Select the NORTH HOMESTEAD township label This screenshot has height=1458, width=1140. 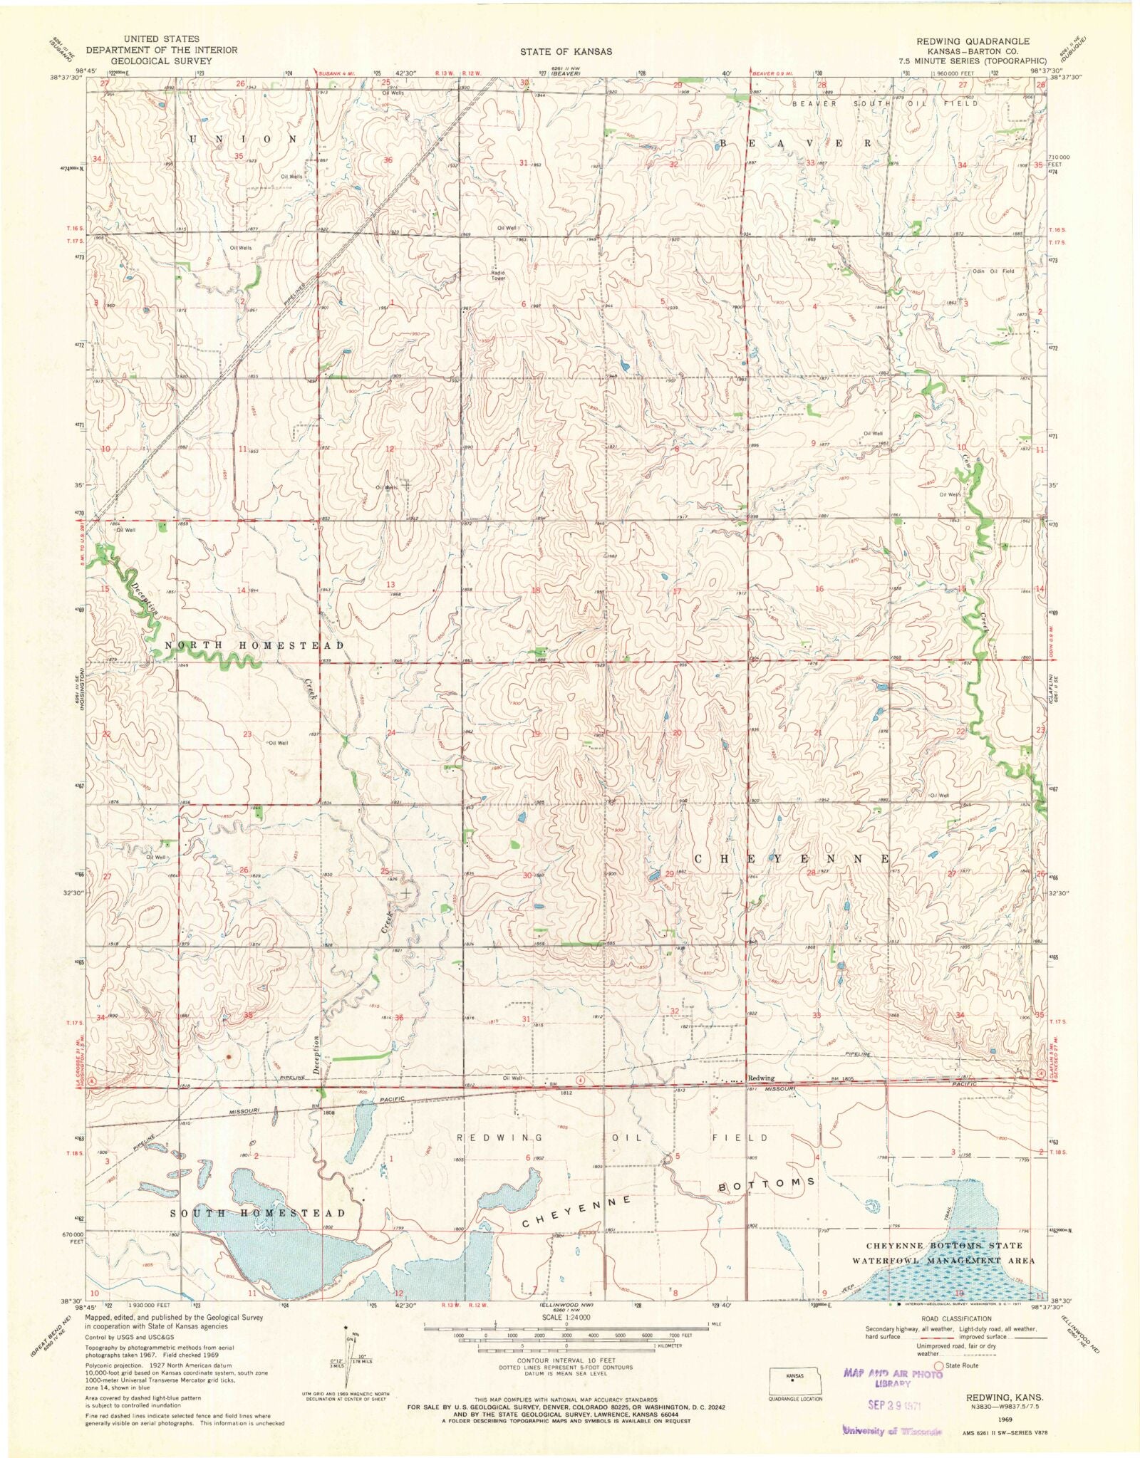255,645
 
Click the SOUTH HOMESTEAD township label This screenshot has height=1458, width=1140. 256,1213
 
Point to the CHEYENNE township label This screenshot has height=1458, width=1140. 792,860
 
